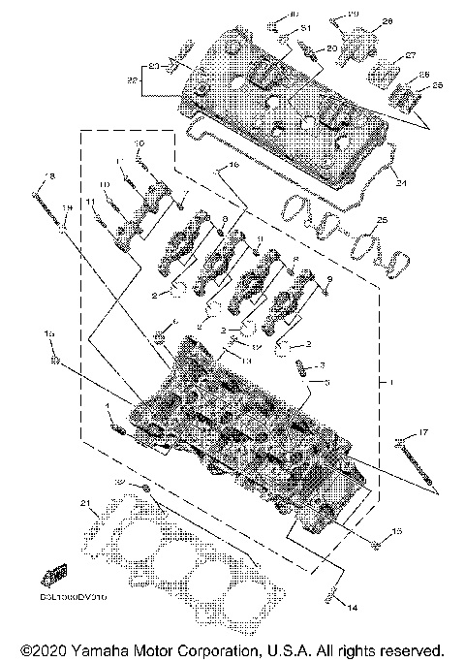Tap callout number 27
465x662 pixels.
click(410, 54)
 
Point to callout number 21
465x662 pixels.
click(85, 502)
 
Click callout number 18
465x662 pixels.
click(51, 175)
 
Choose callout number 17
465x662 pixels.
click(423, 431)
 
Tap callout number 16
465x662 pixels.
click(232, 167)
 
